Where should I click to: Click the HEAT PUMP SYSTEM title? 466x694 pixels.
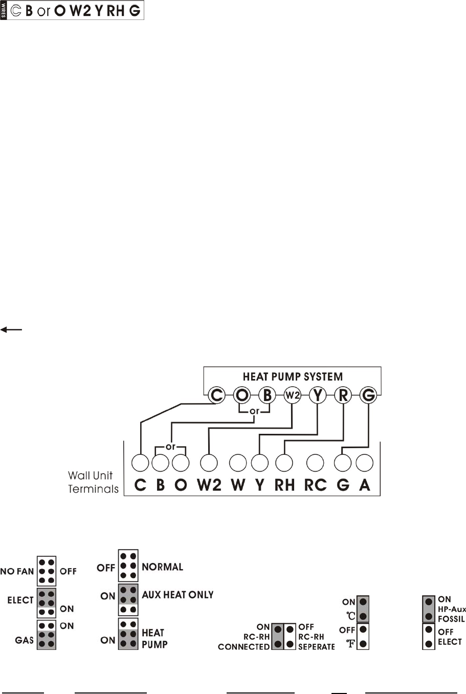[293, 377]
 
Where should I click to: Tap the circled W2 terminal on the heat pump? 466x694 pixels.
[292, 395]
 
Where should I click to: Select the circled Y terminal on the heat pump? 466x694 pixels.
[318, 395]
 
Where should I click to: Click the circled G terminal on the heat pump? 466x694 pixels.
[368, 395]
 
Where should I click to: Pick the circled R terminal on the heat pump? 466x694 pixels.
[343, 395]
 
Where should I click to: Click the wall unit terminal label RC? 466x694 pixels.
[315, 485]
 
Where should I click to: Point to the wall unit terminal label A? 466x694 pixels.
[364, 485]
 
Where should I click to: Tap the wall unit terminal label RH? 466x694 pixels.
[284, 485]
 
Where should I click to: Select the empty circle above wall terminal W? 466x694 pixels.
[238, 462]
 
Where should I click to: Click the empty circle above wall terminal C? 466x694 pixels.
[140, 462]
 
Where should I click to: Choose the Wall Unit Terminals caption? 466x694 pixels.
[93, 482]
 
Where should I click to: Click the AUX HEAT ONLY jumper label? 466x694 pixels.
[177, 595]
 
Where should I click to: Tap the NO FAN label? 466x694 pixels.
[17, 571]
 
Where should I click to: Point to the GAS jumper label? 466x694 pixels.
[24, 640]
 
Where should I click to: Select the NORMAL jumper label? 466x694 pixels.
[162, 567]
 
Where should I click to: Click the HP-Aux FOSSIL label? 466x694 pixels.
[452, 614]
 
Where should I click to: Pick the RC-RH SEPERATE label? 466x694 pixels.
[316, 637]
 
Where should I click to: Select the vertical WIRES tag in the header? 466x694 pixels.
[4, 10]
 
